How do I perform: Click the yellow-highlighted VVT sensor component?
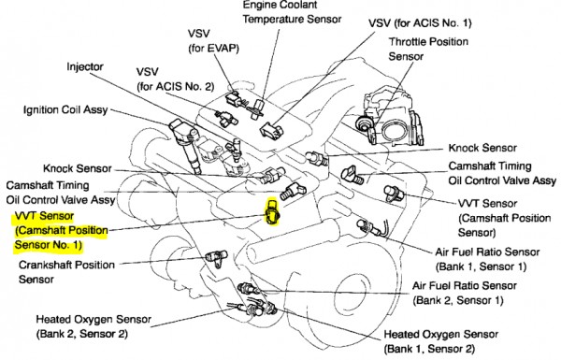coord(272,212)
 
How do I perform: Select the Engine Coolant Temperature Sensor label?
coord(292,12)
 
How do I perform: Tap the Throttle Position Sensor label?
coord(428,49)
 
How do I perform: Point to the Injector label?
coord(85,67)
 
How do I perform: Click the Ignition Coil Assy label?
coord(65,109)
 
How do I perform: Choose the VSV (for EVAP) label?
coord(213,40)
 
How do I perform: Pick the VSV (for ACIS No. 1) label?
coord(420,23)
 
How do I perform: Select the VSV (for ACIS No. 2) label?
coord(175,79)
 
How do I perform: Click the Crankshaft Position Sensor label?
coord(66,272)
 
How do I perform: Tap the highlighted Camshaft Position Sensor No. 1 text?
coord(61,230)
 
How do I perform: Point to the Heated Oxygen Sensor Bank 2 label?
coord(93,326)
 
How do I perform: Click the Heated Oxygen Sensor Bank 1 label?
coord(440,341)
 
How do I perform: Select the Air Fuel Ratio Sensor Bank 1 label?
coord(487,259)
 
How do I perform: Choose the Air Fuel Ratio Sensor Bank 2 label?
coord(465,293)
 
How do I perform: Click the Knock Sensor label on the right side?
coord(482,148)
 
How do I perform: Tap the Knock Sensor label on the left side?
coord(78,168)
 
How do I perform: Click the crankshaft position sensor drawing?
coord(217,258)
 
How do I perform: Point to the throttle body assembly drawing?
coord(390,119)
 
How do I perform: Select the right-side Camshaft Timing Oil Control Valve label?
coord(502,173)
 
